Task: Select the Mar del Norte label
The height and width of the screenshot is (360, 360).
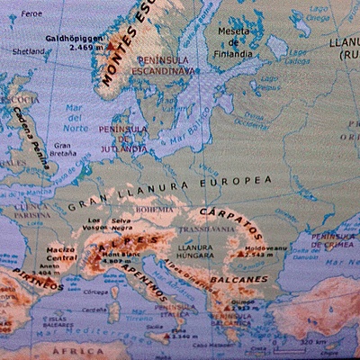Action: [x=75, y=122]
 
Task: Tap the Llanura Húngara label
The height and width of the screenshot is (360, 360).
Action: [x=196, y=251]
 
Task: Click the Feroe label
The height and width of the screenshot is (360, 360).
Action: [x=31, y=14]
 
